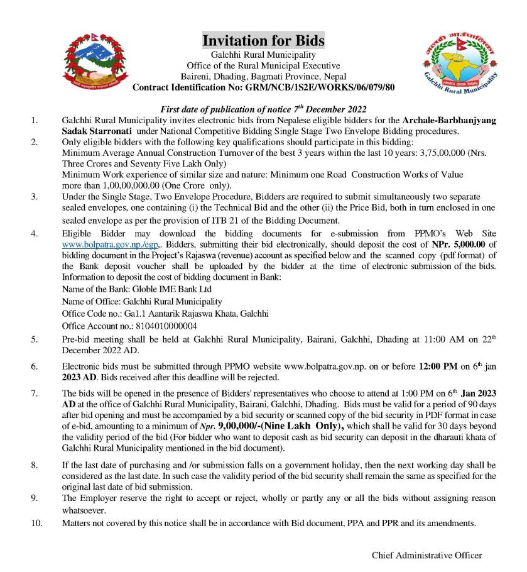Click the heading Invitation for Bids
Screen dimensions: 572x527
[x=263, y=41]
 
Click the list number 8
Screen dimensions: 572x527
[x=35, y=466]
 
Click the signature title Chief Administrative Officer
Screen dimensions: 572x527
[x=426, y=555]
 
